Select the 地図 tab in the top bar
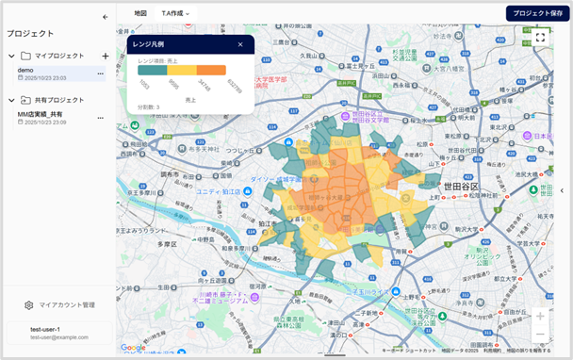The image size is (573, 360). [140, 13]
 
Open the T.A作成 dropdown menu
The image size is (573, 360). [175, 13]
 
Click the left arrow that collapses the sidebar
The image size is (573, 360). [105, 17]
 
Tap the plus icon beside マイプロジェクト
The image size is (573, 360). [105, 57]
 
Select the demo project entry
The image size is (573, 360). [26, 71]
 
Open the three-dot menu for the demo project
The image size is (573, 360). [99, 71]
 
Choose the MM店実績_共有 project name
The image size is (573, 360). [41, 114]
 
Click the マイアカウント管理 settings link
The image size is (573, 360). [60, 305]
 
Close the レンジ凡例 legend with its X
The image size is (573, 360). [240, 44]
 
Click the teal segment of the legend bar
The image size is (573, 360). [153, 70]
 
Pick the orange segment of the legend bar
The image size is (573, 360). [211, 70]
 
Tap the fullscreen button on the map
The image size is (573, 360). [540, 38]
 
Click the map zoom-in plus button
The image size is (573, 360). [540, 316]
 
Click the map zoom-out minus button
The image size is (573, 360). [540, 335]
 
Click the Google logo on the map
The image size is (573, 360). [133, 348]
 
